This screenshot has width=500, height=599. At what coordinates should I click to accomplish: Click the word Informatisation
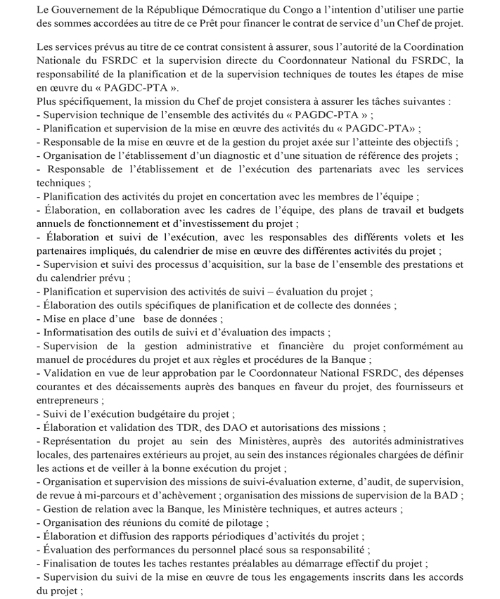pos(80,332)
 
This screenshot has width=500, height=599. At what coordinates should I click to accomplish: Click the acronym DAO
pos(226,427)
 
